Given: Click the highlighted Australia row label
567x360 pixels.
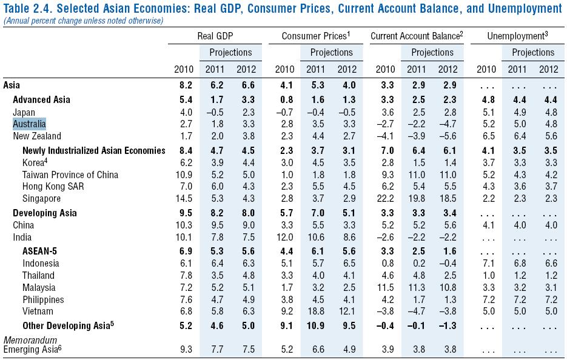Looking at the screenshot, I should click(x=29, y=124).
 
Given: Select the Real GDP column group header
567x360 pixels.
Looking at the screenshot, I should click(x=215, y=36).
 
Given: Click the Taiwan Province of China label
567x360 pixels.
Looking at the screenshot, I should click(x=70, y=175).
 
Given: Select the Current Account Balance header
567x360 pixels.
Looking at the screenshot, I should click(x=416, y=36).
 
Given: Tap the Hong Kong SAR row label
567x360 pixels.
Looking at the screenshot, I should click(x=53, y=187).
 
